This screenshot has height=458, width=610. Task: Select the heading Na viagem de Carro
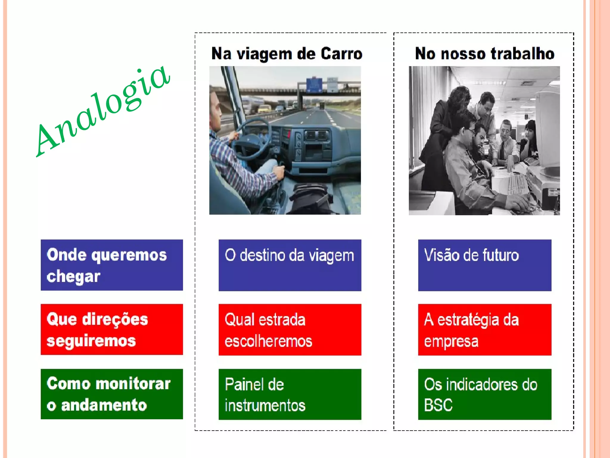[x=287, y=54]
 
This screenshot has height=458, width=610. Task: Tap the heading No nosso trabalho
[x=485, y=54]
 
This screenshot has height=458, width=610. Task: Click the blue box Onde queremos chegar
[x=112, y=265]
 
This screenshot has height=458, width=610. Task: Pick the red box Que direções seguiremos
[x=112, y=329]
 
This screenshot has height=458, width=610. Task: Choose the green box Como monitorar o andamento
[x=112, y=394]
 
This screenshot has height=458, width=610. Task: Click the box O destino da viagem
[x=290, y=265]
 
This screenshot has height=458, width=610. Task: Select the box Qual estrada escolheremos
[x=290, y=329]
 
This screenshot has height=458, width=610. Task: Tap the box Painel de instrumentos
[x=290, y=394]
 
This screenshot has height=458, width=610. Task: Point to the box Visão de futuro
[x=485, y=265]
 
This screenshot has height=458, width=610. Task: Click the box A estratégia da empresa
[x=485, y=329]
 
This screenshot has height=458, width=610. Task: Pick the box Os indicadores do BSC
[x=485, y=394]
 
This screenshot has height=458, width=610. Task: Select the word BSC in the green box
[x=438, y=405]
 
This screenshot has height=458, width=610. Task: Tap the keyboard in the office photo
[x=517, y=185]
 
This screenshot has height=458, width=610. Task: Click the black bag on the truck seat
[x=310, y=198]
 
